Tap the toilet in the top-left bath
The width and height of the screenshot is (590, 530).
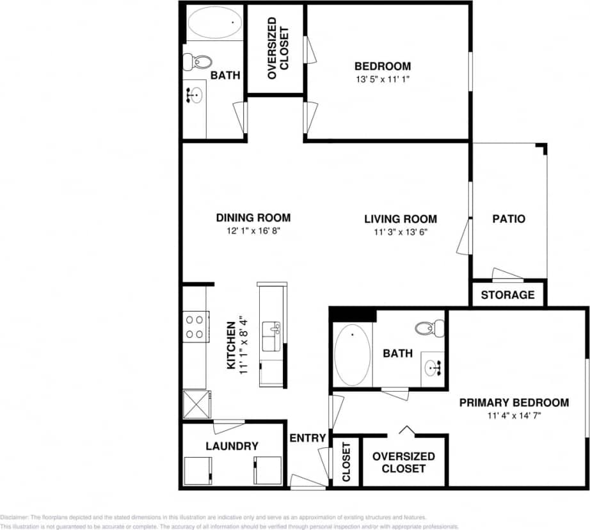point(198,62)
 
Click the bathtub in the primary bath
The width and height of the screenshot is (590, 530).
point(352,355)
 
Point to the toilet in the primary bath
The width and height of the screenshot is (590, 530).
point(429,328)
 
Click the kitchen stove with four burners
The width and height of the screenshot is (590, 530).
point(195,326)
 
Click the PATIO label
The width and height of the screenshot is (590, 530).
point(509,219)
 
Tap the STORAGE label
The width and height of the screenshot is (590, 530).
point(507,295)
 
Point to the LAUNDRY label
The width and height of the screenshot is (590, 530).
point(232,446)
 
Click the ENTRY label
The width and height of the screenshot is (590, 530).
point(308,438)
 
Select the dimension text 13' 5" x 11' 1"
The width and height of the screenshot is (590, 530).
point(383,79)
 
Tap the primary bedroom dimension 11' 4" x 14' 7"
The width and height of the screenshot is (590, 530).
point(514,415)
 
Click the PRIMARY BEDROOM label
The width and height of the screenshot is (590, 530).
point(514,403)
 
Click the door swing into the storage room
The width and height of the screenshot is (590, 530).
point(508,275)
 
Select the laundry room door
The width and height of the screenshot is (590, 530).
point(228,426)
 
